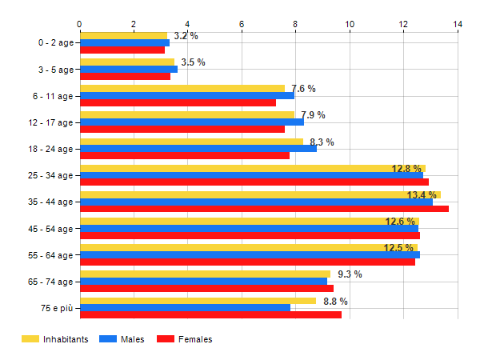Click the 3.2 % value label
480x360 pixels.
pyautogui.click(x=186, y=36)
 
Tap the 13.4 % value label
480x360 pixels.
pyautogui.click(x=422, y=195)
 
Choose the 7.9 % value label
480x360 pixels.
pyautogui.click(x=313, y=115)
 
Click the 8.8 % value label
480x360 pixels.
pyautogui.click(x=335, y=302)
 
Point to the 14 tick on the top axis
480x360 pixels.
pyautogui.click(x=458, y=25)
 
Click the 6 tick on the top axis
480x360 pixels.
pyautogui.click(x=242, y=25)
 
